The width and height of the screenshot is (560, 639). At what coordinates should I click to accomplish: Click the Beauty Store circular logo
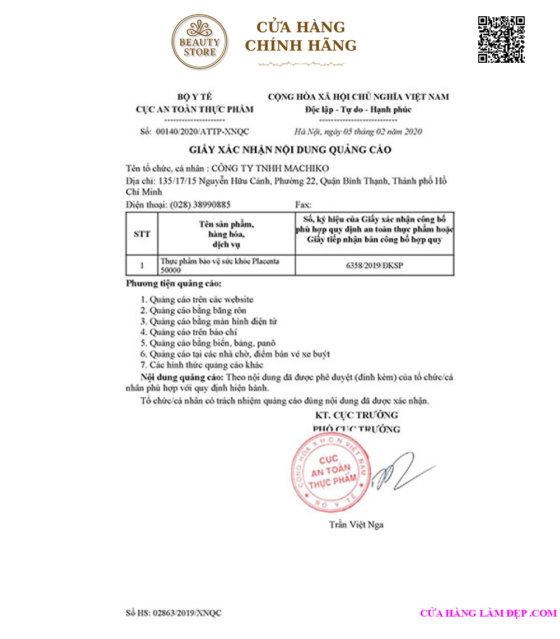tap(200, 43)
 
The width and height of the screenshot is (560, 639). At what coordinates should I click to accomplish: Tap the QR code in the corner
tap(501, 39)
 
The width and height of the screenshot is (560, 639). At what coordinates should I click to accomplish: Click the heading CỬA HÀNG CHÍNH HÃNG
tap(301, 36)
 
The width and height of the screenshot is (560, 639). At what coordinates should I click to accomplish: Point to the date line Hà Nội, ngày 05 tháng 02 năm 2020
tap(358, 132)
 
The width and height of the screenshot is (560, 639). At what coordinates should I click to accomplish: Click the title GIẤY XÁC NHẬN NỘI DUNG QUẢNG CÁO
tap(290, 150)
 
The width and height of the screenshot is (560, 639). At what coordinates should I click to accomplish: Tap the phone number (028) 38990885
tap(200, 205)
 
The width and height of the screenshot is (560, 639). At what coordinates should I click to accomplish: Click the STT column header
tap(142, 234)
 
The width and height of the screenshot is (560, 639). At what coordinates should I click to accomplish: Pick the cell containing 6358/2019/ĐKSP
tap(374, 266)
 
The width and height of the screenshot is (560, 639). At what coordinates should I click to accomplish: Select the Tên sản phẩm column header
tap(226, 234)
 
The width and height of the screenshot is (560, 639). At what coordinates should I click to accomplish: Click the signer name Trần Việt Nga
tap(356, 525)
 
